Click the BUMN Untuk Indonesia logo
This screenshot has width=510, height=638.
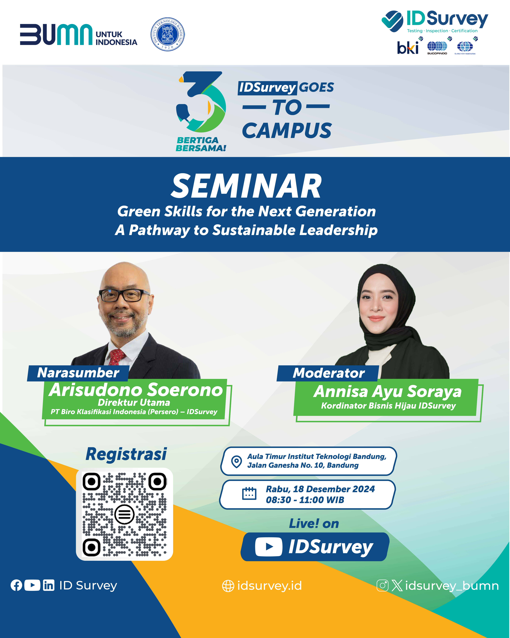78,35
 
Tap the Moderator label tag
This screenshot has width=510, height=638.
328,373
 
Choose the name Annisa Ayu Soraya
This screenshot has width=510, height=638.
387,391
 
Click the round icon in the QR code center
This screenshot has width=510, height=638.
124,515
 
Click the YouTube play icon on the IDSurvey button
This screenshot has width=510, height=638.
268,547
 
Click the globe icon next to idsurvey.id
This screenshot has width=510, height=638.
228,586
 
